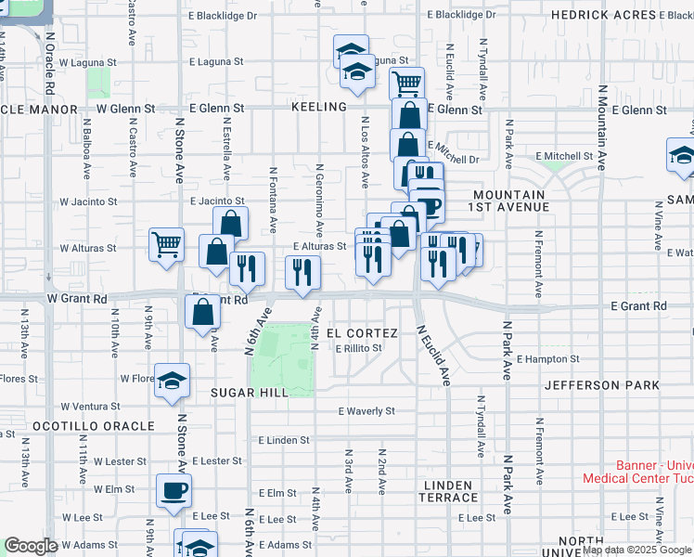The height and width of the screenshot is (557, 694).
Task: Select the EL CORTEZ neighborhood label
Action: (x=362, y=333)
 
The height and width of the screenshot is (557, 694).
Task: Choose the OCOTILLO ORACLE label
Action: (x=93, y=426)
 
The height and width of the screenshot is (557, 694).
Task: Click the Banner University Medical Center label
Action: (x=638, y=473)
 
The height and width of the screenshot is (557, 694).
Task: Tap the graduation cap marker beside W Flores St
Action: (x=172, y=382)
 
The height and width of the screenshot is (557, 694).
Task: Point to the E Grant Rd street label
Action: (x=638, y=306)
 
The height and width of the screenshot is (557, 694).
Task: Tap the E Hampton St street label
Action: (x=548, y=358)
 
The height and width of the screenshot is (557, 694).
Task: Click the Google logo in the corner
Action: (x=32, y=546)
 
